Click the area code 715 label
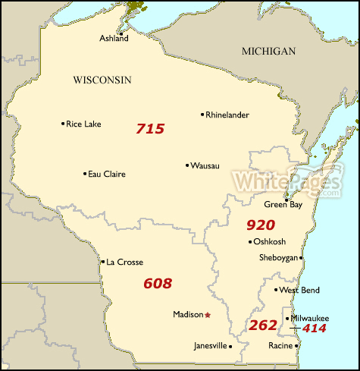(150, 129)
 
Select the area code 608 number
(158, 284)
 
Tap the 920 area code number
(261, 225)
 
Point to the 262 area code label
(262, 325)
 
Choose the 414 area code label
(314, 329)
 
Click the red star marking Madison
(208, 314)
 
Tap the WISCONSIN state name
(102, 80)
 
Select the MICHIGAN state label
(268, 51)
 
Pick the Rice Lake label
(83, 124)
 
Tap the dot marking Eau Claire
(85, 174)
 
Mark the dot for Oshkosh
(251, 242)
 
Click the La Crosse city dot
(102, 263)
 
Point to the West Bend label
(299, 290)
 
